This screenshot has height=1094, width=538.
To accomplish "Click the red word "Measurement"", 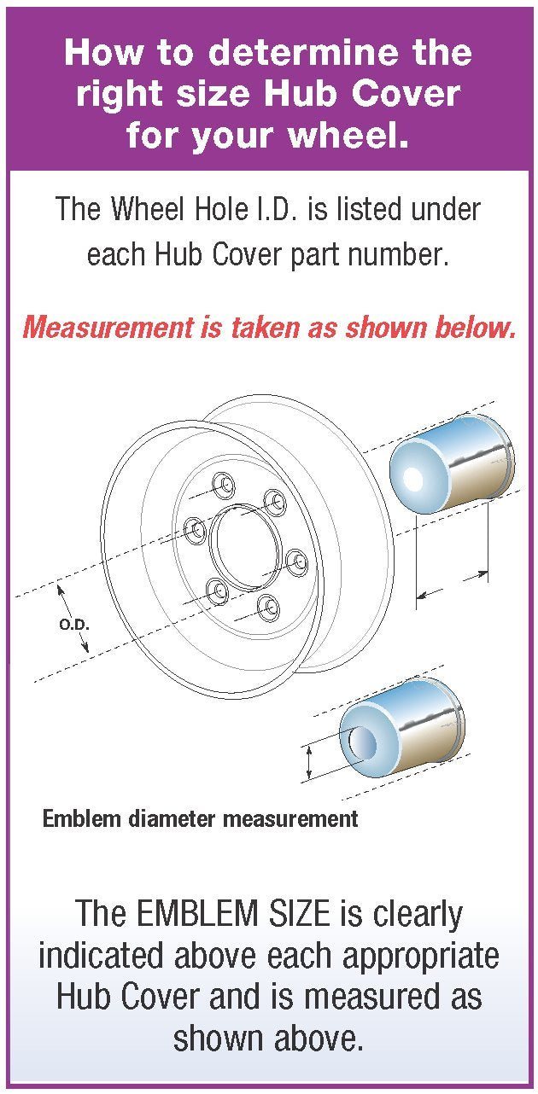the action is pos(108,327).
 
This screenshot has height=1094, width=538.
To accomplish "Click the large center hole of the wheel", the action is pos(246,546).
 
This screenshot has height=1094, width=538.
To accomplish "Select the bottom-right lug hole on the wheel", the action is pos(268,608).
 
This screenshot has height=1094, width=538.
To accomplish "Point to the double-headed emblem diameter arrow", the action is pos(308,762).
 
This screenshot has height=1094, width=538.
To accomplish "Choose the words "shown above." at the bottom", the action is pos(269,1037).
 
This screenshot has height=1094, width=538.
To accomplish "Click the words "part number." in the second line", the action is pos(369,255).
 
